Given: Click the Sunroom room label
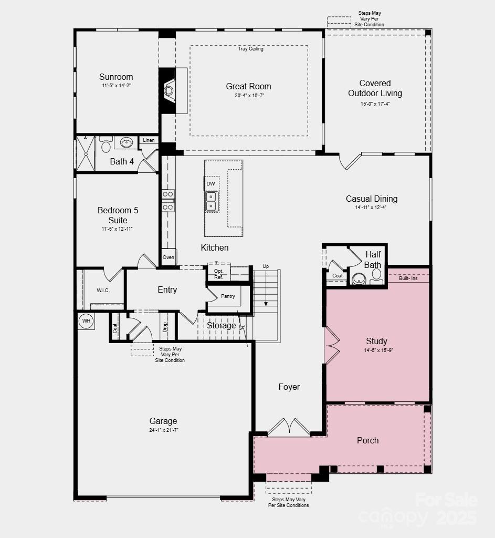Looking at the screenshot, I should (116, 77).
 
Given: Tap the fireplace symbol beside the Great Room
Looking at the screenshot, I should (170, 90).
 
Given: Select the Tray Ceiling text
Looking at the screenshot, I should (250, 49).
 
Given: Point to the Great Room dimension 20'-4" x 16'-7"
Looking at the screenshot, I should (249, 96).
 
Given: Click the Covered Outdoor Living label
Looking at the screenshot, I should (375, 88).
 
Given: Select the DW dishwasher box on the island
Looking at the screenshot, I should (210, 183).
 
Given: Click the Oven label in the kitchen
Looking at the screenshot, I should (168, 257).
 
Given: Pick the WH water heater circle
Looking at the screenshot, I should (86, 320).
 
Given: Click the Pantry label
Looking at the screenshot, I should (228, 296).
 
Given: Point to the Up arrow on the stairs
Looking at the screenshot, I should (266, 286).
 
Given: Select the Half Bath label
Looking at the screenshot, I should (373, 260).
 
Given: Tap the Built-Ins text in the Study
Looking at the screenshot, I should (408, 278).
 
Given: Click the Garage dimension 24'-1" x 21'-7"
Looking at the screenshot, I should (163, 430).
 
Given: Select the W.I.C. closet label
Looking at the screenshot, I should (103, 291).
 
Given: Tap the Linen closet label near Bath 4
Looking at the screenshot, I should (149, 140).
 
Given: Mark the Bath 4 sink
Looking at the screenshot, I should (126, 143).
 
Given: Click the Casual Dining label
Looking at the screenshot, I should (371, 199).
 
